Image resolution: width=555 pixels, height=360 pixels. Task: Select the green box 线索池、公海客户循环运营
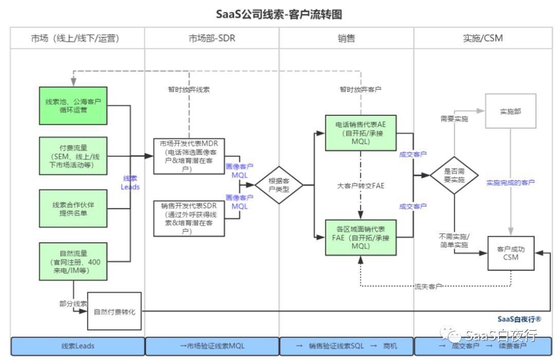tap(73, 105)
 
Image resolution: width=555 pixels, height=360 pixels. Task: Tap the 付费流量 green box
tap(73, 156)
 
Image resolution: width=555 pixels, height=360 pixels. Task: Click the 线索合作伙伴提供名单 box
tap(73, 208)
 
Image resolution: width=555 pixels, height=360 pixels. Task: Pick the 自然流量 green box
tap(73, 262)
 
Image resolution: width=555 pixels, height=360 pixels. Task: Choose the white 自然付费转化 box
tap(114, 312)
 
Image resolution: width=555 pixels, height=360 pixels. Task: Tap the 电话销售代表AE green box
tap(360, 133)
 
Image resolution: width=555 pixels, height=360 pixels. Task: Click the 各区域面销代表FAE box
tap(360, 237)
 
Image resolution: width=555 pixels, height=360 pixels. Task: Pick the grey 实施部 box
tap(510, 111)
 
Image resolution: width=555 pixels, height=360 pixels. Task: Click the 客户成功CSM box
tap(510, 253)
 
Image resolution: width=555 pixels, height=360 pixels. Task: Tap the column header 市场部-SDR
tap(212, 38)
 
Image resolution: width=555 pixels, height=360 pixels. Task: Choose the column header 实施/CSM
tap(483, 38)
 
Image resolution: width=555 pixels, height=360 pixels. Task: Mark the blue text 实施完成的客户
tap(510, 182)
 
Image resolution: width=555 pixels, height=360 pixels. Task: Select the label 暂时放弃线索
tap(189, 89)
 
